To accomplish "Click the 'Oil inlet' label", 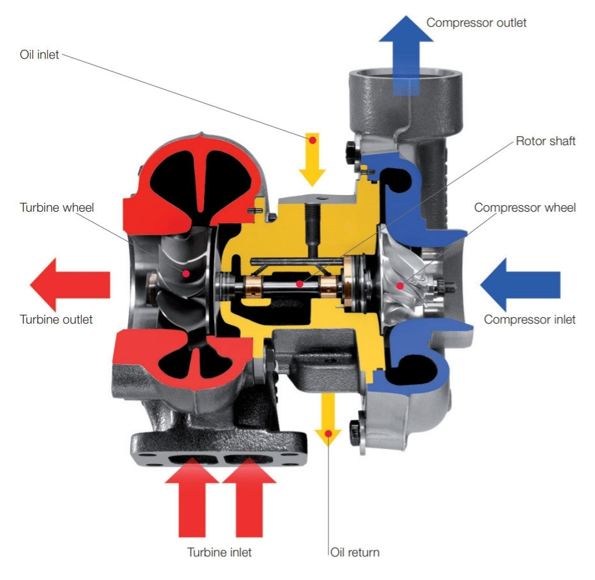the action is (39, 54).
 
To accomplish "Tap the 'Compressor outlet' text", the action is (476, 23).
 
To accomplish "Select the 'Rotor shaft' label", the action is (545, 141).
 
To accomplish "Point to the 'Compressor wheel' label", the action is (525, 208).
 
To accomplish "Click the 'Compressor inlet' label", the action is (529, 320).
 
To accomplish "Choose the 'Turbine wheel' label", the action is (56, 208).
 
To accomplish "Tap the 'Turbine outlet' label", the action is (56, 320).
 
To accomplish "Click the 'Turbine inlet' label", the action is (219, 553).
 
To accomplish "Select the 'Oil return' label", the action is (355, 553).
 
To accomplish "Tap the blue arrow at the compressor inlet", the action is (520, 285).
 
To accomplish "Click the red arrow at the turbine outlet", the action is (70, 285).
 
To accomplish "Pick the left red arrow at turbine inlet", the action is (192, 498).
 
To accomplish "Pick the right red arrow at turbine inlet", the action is (249, 498).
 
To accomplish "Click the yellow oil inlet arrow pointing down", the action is (312, 160).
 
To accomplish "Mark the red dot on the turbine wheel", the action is (186, 273).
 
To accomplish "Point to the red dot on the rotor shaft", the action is (299, 284).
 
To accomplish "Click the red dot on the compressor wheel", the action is (399, 285).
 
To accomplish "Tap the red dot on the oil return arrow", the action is (328, 434).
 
